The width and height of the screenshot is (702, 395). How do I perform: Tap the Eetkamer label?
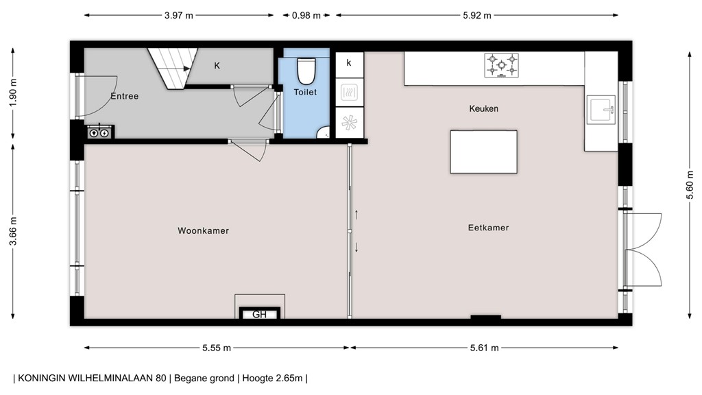point(489,228)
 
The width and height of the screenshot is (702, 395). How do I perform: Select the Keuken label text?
point(483,109)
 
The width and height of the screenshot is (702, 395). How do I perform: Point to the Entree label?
point(124,97)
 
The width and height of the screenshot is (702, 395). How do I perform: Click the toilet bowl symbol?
point(305,71)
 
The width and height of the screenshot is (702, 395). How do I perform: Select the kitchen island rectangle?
point(483,152)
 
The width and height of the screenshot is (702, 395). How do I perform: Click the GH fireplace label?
point(259,315)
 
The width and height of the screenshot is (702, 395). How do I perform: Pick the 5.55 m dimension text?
point(217,348)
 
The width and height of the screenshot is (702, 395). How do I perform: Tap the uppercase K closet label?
point(217,66)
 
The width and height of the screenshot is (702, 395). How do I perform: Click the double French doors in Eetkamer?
point(643,251)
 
